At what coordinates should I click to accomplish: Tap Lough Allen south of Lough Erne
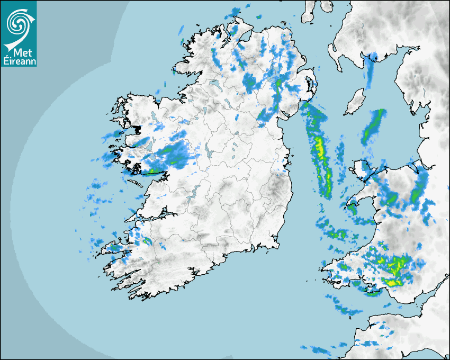click(x=203, y=111)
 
